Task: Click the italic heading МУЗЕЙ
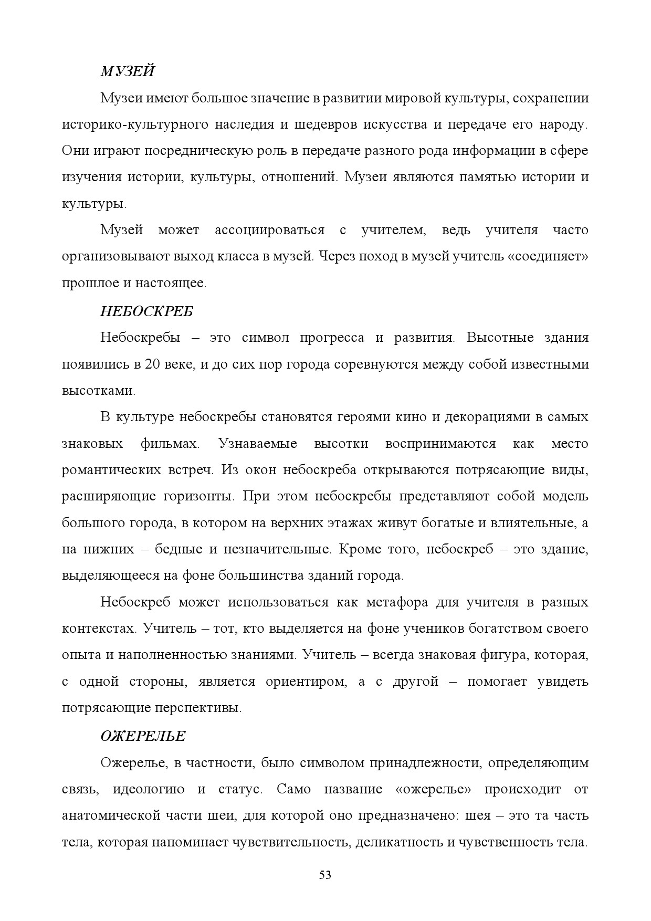click(x=127, y=71)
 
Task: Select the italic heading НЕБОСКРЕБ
click(x=146, y=311)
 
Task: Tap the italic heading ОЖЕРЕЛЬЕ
click(x=143, y=736)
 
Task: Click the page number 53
click(x=325, y=875)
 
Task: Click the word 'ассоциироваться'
click(x=269, y=230)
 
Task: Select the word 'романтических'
click(x=111, y=469)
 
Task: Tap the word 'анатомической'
click(x=111, y=815)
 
